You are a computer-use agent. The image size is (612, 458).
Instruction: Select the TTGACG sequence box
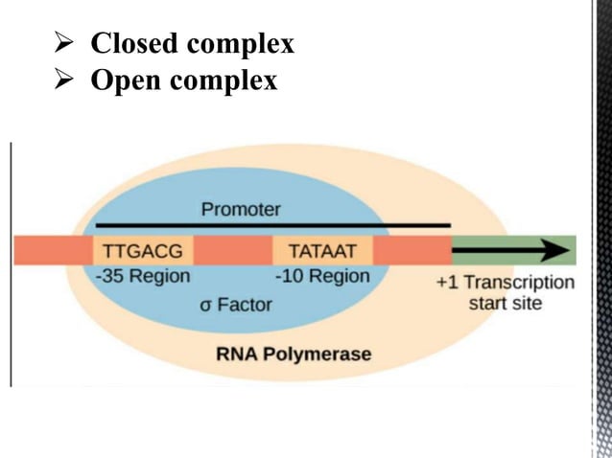[143, 250]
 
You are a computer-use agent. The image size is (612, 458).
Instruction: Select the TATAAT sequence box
[322, 250]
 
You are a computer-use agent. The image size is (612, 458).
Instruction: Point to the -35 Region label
[143, 276]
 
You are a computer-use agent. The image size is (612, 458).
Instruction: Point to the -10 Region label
[322, 276]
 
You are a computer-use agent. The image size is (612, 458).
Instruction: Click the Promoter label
[241, 208]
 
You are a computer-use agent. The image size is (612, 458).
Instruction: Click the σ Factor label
[236, 305]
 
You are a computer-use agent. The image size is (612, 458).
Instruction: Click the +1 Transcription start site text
[505, 292]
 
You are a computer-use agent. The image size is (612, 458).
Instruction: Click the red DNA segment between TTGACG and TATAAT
[233, 250]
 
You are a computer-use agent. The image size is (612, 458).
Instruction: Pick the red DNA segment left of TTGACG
[53, 250]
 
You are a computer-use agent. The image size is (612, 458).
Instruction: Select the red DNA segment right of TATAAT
[412, 250]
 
